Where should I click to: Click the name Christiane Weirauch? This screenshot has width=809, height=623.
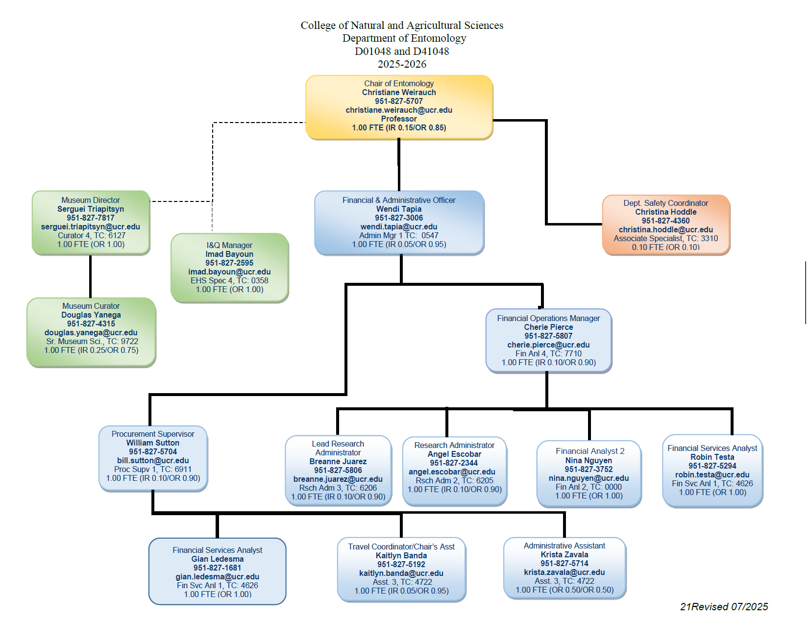(x=399, y=92)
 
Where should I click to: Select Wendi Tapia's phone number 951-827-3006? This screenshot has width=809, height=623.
(x=399, y=218)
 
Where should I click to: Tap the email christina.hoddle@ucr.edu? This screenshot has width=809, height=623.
(x=665, y=229)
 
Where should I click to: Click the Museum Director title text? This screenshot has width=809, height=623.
(x=90, y=200)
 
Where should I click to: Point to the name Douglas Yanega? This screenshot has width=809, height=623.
(x=91, y=315)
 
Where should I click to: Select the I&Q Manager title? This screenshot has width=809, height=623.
(x=229, y=245)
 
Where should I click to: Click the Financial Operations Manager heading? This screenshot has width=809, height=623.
(x=548, y=318)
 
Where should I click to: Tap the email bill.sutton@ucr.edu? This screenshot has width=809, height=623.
(x=153, y=460)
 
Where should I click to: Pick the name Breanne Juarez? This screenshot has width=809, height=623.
(x=338, y=461)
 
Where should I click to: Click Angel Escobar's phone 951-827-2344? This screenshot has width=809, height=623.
(x=454, y=463)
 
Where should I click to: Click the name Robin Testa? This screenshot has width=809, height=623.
(x=712, y=457)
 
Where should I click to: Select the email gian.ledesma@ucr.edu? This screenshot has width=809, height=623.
(x=217, y=576)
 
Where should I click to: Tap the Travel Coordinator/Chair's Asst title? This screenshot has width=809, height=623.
(x=401, y=547)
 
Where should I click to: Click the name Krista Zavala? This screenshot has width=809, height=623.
(x=564, y=554)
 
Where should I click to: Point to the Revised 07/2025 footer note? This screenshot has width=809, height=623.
(x=724, y=607)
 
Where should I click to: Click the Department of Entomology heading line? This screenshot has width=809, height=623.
(x=404, y=38)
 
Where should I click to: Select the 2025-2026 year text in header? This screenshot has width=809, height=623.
(x=402, y=64)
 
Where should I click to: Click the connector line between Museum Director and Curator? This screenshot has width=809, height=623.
(x=91, y=276)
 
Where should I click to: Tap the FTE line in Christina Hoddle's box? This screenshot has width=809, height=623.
(x=665, y=247)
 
